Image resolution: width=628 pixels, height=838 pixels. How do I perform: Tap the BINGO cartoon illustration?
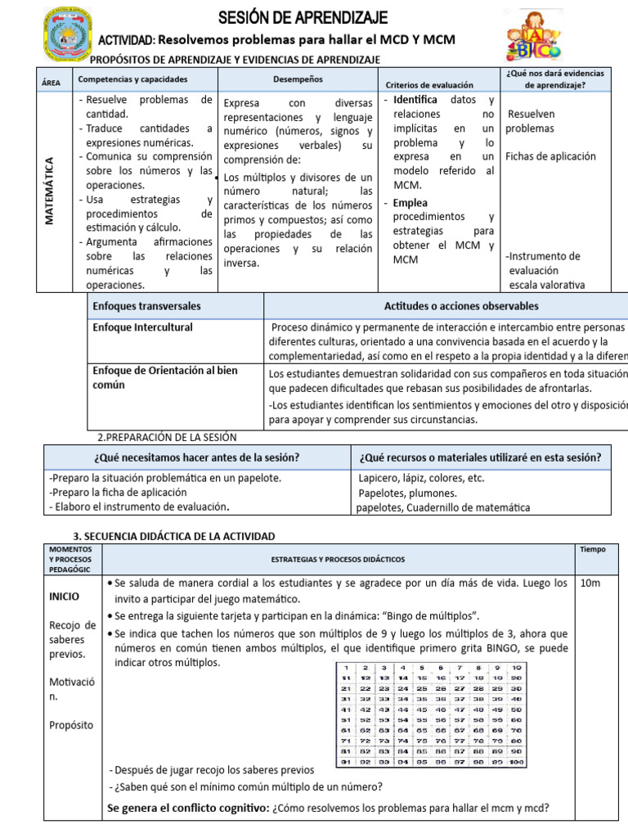pos(532,37)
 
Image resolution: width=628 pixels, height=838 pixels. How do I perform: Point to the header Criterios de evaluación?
pos(429,84)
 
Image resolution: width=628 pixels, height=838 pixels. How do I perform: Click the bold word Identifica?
pos(415,100)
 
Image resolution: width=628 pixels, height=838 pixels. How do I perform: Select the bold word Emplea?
pos(410,203)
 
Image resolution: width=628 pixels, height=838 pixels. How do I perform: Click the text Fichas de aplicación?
pos(550,156)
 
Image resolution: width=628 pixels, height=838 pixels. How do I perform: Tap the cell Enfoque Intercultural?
pos(143,327)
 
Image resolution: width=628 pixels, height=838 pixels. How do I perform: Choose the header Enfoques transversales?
pos(147,306)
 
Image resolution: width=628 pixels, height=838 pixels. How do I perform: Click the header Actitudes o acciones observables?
pos(461,306)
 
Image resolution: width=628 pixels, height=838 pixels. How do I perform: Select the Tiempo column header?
pos(592,550)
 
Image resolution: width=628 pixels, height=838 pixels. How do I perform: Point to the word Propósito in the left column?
pos(71,725)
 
